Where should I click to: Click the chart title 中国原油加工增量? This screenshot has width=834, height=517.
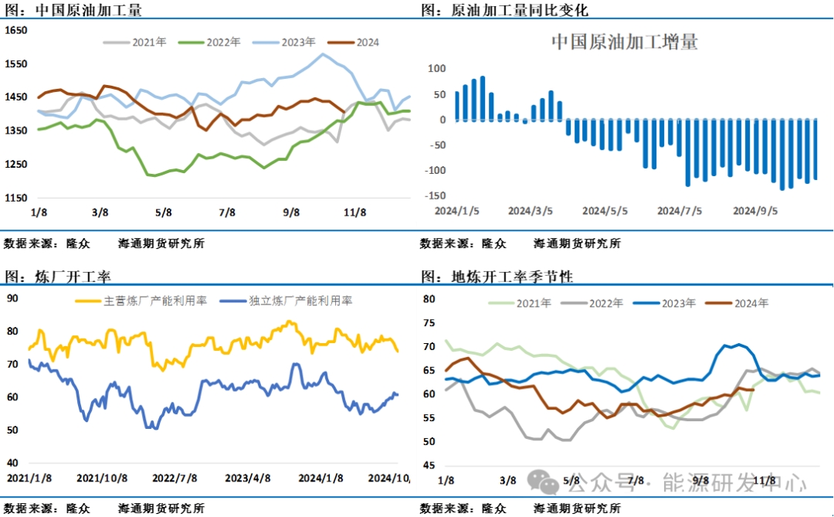(624, 42)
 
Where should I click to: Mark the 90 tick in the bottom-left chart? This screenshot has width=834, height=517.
(13, 298)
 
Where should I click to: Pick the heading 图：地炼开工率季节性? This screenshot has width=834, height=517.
(497, 276)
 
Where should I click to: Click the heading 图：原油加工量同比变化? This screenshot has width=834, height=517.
(505, 10)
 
